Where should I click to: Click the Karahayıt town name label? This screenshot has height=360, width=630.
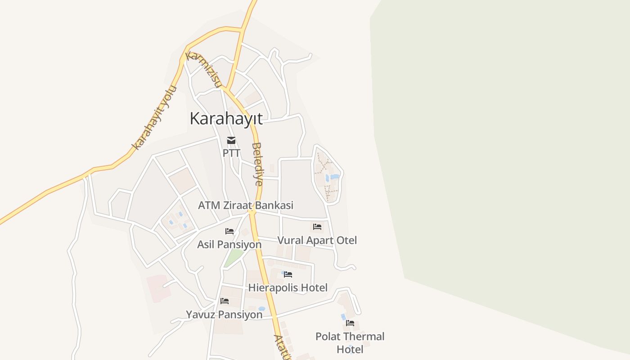226,119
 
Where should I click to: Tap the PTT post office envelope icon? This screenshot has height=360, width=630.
231,140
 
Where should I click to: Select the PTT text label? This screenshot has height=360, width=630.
231,153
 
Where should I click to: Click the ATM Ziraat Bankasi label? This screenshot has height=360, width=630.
246,205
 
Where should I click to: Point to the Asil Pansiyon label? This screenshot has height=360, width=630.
229,244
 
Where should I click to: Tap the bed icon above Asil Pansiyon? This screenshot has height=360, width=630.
229,231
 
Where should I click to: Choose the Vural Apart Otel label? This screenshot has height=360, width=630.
317,240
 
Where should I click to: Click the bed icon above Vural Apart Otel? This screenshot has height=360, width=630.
317,227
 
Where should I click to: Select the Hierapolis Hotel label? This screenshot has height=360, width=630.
288,288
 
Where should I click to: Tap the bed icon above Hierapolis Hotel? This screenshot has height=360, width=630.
288,274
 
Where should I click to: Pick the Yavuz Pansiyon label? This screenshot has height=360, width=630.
224,315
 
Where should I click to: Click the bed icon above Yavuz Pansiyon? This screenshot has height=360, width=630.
225,301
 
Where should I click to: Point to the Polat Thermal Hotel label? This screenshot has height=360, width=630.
350,343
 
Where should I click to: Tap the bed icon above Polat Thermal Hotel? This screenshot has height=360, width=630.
350,323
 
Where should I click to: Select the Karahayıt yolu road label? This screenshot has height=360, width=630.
154,118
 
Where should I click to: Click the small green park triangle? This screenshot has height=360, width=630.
234,257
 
